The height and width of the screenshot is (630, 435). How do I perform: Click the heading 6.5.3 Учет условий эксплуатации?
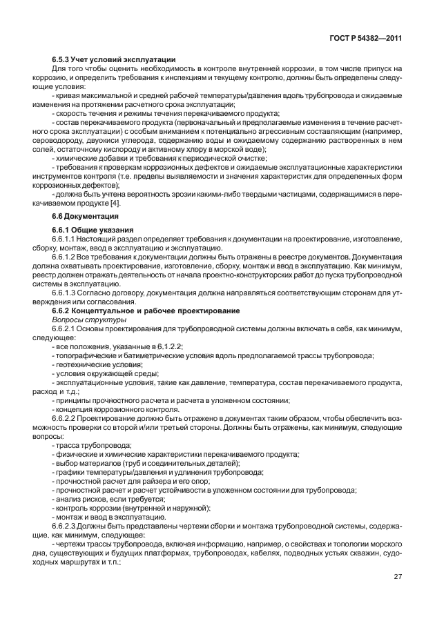click(113, 59)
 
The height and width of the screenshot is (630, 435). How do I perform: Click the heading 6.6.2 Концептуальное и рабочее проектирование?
click(146, 311)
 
